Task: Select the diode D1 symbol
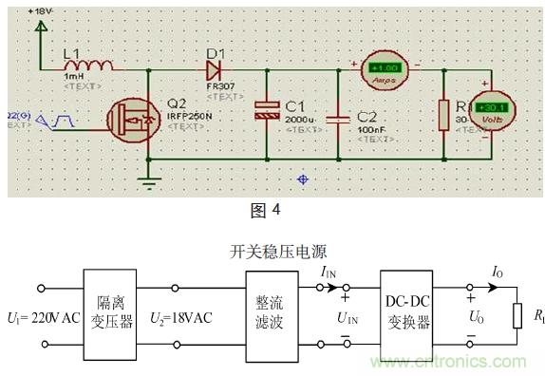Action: pos(214,69)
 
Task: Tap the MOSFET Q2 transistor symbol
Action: pos(128,122)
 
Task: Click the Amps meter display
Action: pos(385,68)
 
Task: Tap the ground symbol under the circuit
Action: pos(147,179)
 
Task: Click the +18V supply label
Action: pos(42,9)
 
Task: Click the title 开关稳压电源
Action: pos(272,252)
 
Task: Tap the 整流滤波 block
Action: pos(272,314)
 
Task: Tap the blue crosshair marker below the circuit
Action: pos(304,178)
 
